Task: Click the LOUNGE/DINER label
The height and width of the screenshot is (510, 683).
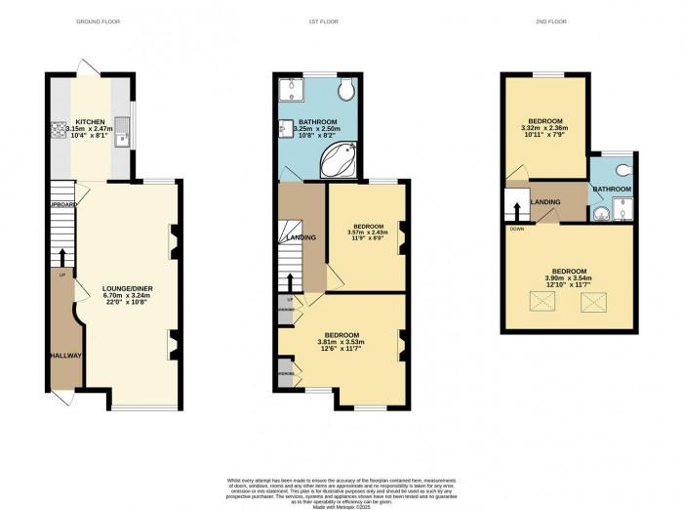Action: [126, 289]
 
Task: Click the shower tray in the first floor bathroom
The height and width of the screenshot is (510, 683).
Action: [290, 92]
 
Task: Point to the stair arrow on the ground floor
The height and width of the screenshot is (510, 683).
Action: [63, 257]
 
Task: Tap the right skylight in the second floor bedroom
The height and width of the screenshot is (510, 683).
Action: [592, 303]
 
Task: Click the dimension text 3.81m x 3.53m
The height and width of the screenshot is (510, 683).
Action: [340, 342]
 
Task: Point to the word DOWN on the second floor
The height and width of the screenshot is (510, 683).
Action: [513, 227]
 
